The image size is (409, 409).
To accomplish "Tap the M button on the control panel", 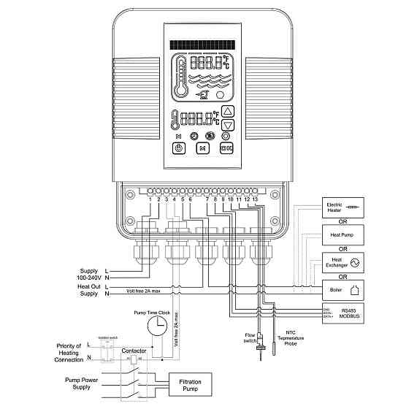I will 204,148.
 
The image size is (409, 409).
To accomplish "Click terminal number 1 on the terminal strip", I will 150,199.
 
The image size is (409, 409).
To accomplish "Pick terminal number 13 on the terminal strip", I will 255,199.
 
